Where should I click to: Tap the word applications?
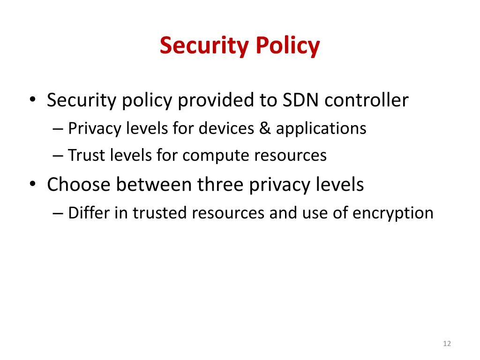[x=321, y=128]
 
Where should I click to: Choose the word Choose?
[x=78, y=185]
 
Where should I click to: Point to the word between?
[x=154, y=185]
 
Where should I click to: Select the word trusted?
[x=160, y=213]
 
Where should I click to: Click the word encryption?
[x=393, y=213]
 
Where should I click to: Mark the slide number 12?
[x=447, y=344]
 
